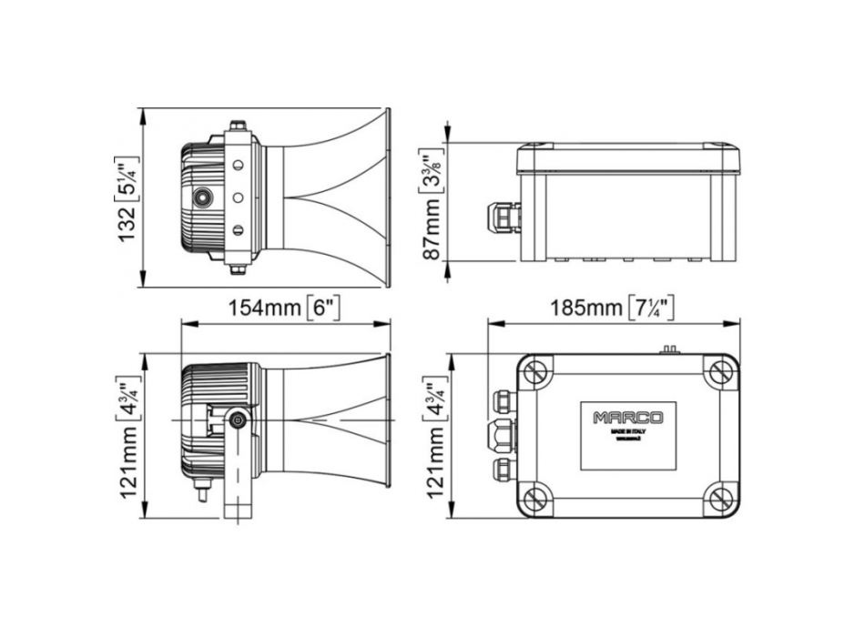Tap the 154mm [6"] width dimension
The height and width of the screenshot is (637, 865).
285,308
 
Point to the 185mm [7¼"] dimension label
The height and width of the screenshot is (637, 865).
612,308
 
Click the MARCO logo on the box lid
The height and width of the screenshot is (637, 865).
628,418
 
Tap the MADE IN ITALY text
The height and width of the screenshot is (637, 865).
628,433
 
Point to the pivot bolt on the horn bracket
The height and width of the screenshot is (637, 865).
239,420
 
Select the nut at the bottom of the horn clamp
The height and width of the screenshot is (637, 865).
238,268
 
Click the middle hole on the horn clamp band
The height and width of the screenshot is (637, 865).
238,197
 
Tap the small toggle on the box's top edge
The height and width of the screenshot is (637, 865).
671,348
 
